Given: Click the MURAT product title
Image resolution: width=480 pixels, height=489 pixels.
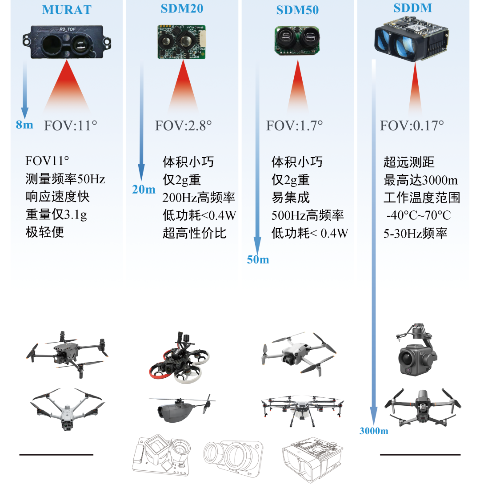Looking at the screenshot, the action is tap(67, 10).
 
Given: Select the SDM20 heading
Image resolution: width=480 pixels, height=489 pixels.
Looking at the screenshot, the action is tap(182, 8).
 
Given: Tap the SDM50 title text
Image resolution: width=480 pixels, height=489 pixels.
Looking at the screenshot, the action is tap(297, 10).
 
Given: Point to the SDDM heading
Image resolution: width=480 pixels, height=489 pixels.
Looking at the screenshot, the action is tap(413, 8).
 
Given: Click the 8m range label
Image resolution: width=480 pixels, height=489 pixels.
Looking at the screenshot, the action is tap(24, 125).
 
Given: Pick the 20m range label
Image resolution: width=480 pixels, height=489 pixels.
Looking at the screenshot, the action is tap(144, 189).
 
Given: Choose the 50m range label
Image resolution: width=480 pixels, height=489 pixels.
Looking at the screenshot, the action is tap(258, 259).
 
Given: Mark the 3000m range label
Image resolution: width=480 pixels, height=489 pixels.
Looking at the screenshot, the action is tap(374, 431).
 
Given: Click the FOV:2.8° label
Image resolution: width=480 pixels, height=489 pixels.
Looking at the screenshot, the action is tap(184, 125).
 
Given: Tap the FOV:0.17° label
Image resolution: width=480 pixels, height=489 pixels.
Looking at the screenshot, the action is tap(412, 125).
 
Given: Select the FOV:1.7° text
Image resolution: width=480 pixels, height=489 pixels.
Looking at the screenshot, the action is tap(294, 125).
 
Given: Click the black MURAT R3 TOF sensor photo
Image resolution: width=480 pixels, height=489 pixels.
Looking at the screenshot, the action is tap(67, 42).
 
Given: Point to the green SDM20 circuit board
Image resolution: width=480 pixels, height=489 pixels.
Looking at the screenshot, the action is tap(181, 42).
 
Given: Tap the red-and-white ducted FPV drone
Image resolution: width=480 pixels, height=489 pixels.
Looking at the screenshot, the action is tap(179, 358).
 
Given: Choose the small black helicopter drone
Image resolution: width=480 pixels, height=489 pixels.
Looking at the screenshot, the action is tap(182, 408).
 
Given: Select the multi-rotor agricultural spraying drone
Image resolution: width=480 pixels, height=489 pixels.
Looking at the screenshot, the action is tap(303, 409).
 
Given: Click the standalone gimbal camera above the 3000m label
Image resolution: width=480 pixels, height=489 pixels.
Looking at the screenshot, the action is tap(417, 349).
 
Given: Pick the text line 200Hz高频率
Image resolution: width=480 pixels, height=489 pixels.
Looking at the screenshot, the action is tap(199, 198).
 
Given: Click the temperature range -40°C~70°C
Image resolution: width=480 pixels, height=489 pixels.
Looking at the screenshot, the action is tap(418, 215).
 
